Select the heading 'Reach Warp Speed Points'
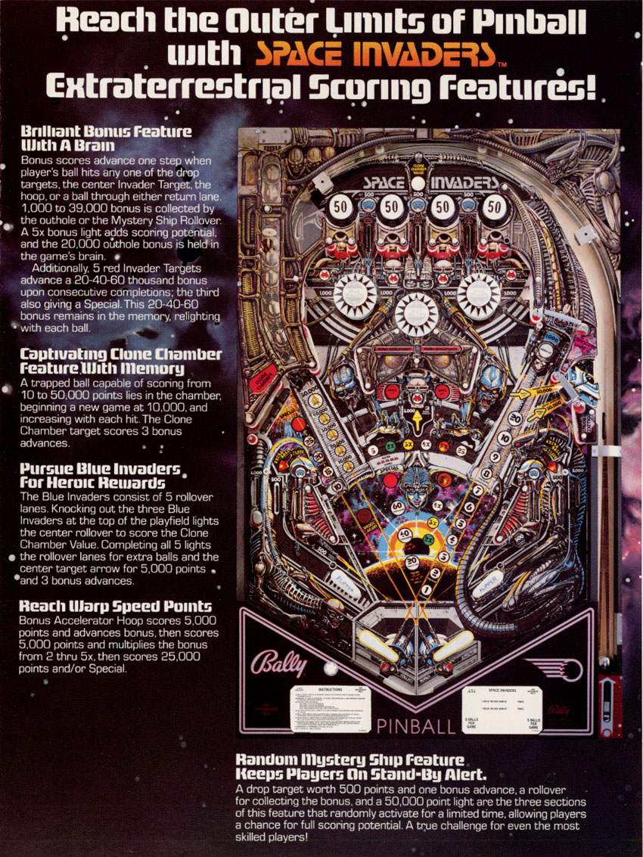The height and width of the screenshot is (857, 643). tap(115, 607)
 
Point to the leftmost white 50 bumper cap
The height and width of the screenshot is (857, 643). tap(340, 205)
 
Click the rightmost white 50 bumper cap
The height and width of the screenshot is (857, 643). tap(494, 205)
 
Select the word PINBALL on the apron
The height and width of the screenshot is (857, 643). tap(415, 726)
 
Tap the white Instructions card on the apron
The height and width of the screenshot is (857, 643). tap(331, 709)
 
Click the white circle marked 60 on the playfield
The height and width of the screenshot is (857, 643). tap(397, 508)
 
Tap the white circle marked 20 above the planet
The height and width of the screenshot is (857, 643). tap(412, 561)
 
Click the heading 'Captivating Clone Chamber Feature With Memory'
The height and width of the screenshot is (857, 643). tap(121, 362)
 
